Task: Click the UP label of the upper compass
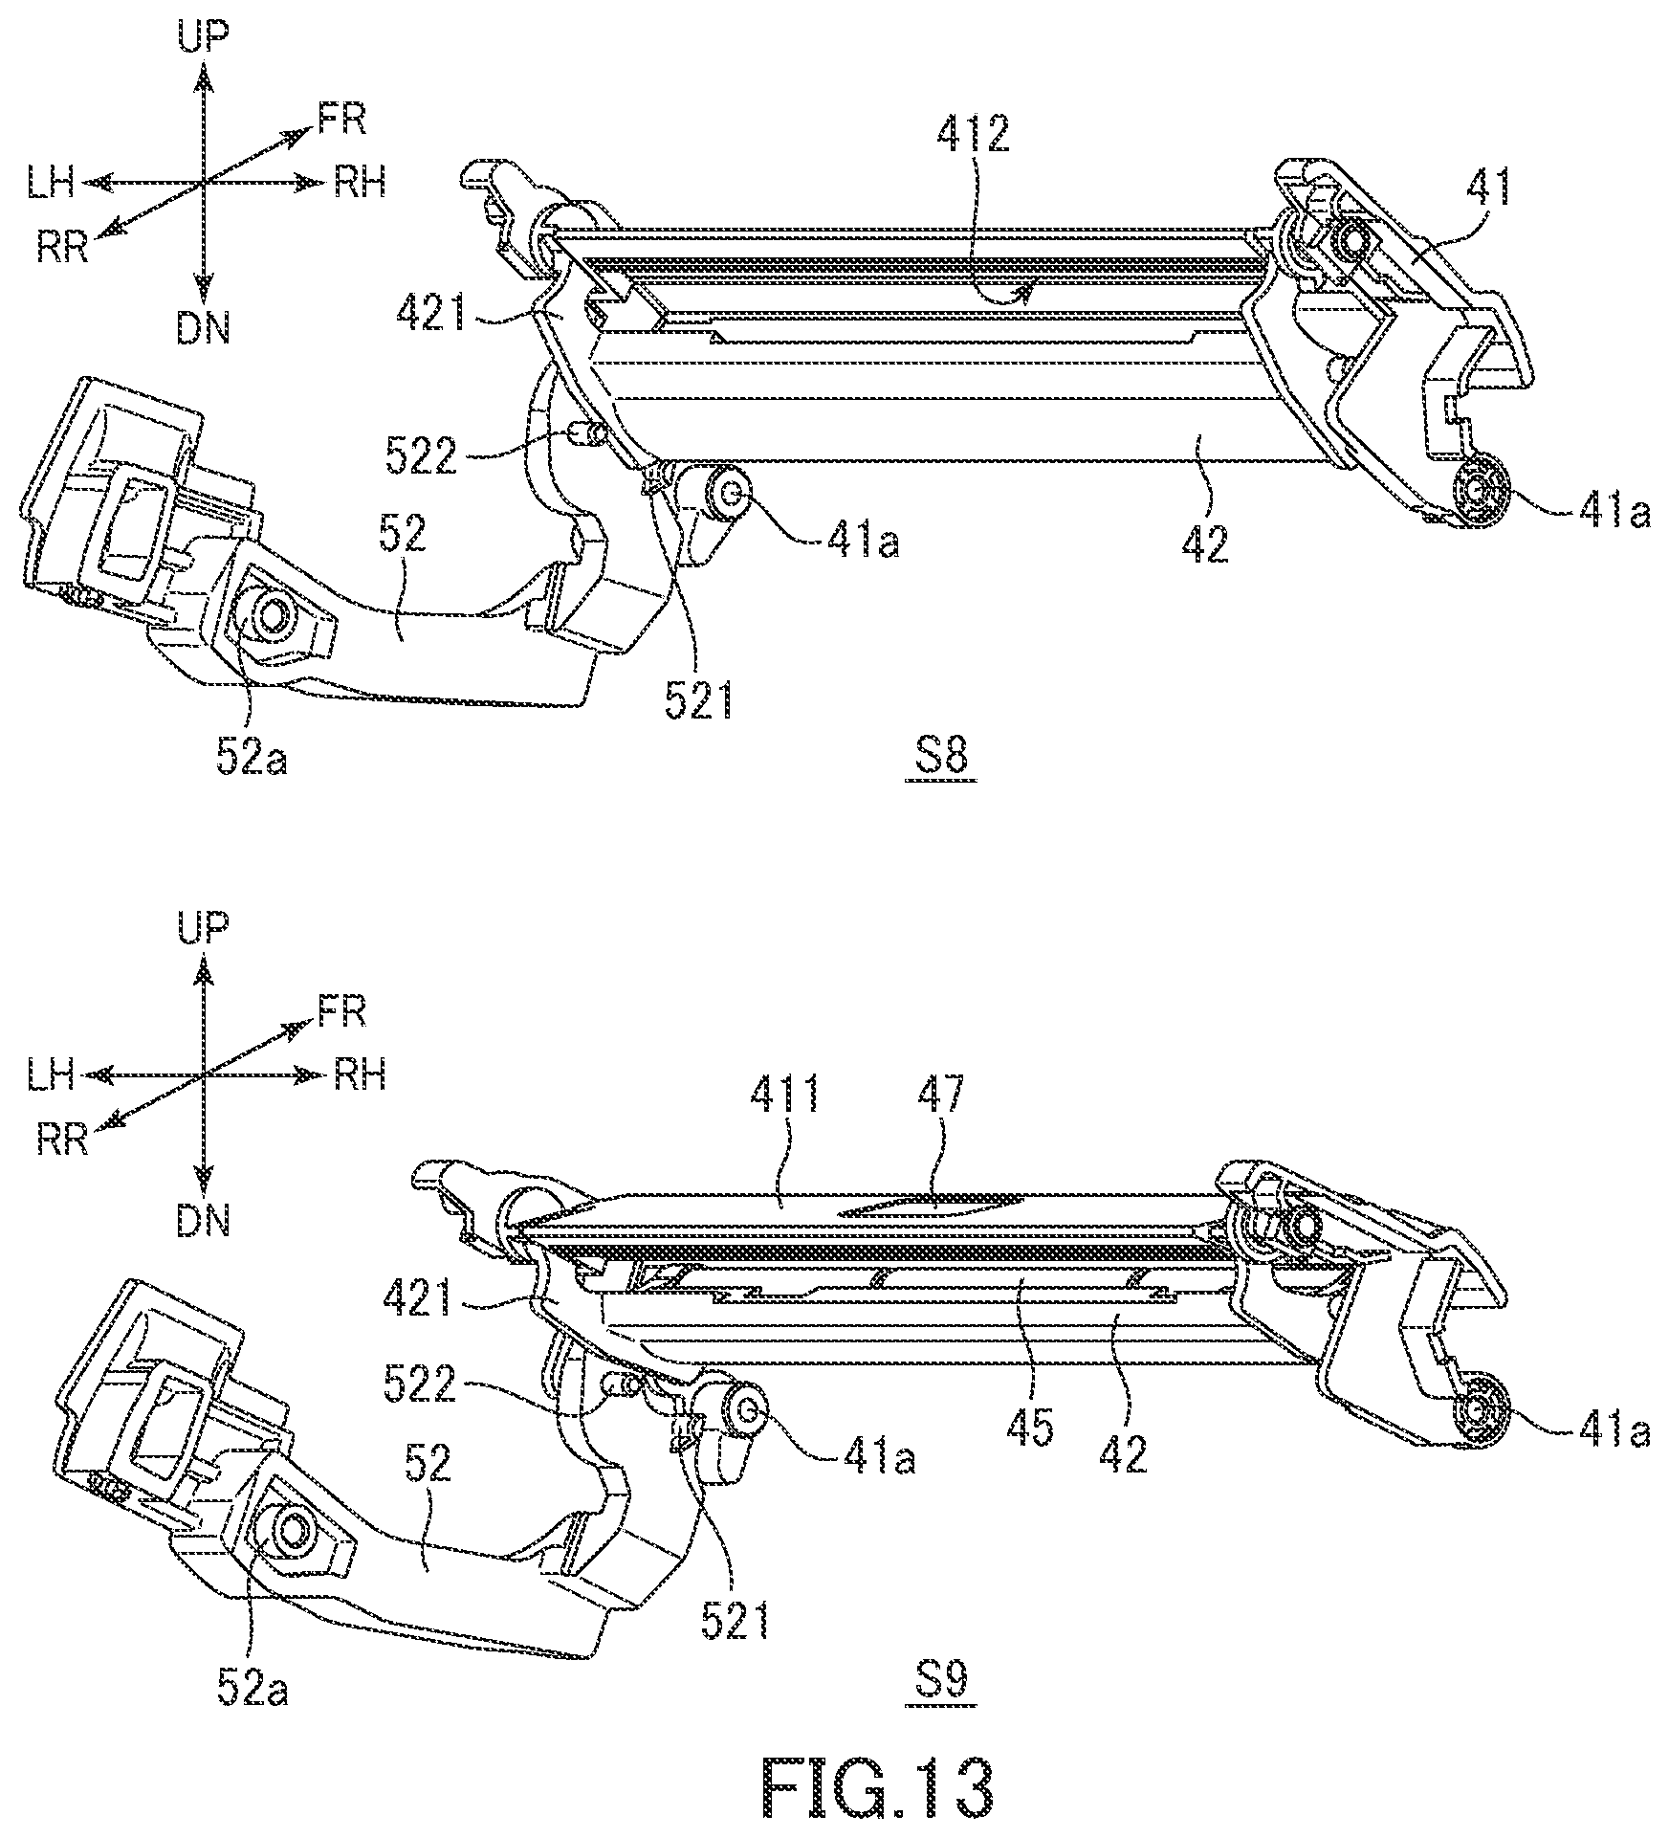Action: (204, 36)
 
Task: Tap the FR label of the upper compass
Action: (342, 120)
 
